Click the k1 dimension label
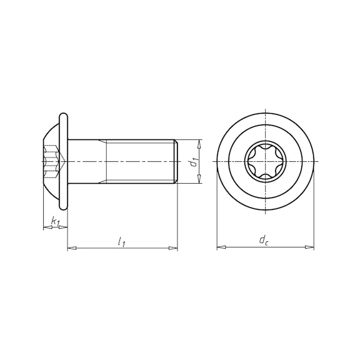tap(55, 221)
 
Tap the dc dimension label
tap(265, 241)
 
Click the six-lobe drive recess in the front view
tap(265, 162)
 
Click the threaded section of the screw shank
tap(141, 161)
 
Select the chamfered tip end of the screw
tap(176, 161)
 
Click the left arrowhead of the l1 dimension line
tap(71, 249)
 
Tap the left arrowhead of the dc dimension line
tap(221, 247)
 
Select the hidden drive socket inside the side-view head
tap(55, 161)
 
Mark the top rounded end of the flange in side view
tap(63, 116)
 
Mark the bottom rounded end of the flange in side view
tap(63, 206)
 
